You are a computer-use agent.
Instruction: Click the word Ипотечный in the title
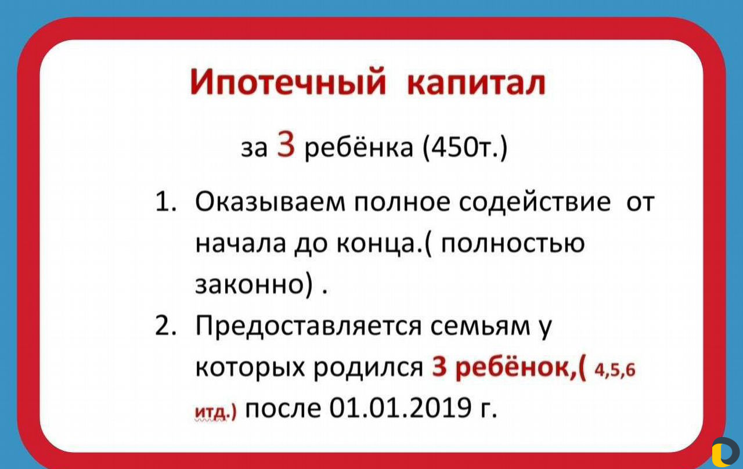pyautogui.click(x=288, y=82)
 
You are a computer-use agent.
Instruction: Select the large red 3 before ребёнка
pyautogui.click(x=286, y=143)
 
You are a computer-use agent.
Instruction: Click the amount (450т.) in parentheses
pyautogui.click(x=466, y=147)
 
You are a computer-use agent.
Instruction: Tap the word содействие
pyautogui.click(x=535, y=202)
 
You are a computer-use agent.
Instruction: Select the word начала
pyautogui.click(x=240, y=244)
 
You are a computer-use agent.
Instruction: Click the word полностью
pyautogui.click(x=513, y=244)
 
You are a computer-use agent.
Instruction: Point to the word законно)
pyautogui.click(x=254, y=284)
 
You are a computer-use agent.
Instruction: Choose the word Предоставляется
pyautogui.click(x=308, y=326)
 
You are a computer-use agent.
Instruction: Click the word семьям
pyautogui.click(x=480, y=327)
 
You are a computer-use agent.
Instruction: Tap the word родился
pyautogui.click(x=369, y=367)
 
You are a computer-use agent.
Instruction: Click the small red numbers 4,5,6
pyautogui.click(x=615, y=370)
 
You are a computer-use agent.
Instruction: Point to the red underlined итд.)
pyautogui.click(x=215, y=412)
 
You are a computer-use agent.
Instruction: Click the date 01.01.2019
pyautogui.click(x=401, y=407)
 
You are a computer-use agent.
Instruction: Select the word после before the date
pyautogui.click(x=283, y=408)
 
